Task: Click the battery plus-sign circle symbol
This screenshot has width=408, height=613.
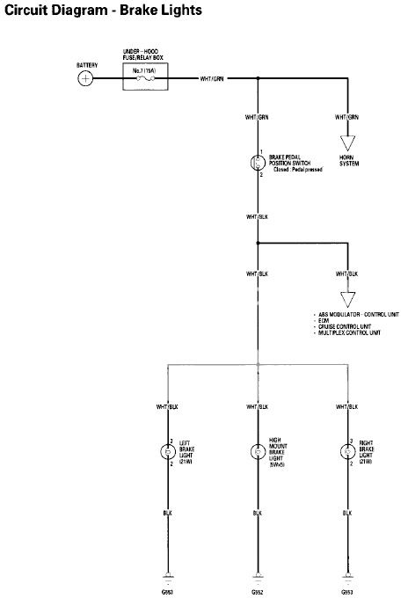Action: tap(85, 79)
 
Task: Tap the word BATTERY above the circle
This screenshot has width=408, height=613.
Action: tap(86, 65)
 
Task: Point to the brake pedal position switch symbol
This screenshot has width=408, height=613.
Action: tap(258, 161)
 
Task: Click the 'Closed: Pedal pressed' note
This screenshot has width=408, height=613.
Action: tap(297, 168)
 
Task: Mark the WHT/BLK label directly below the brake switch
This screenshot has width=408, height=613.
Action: tap(258, 215)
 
